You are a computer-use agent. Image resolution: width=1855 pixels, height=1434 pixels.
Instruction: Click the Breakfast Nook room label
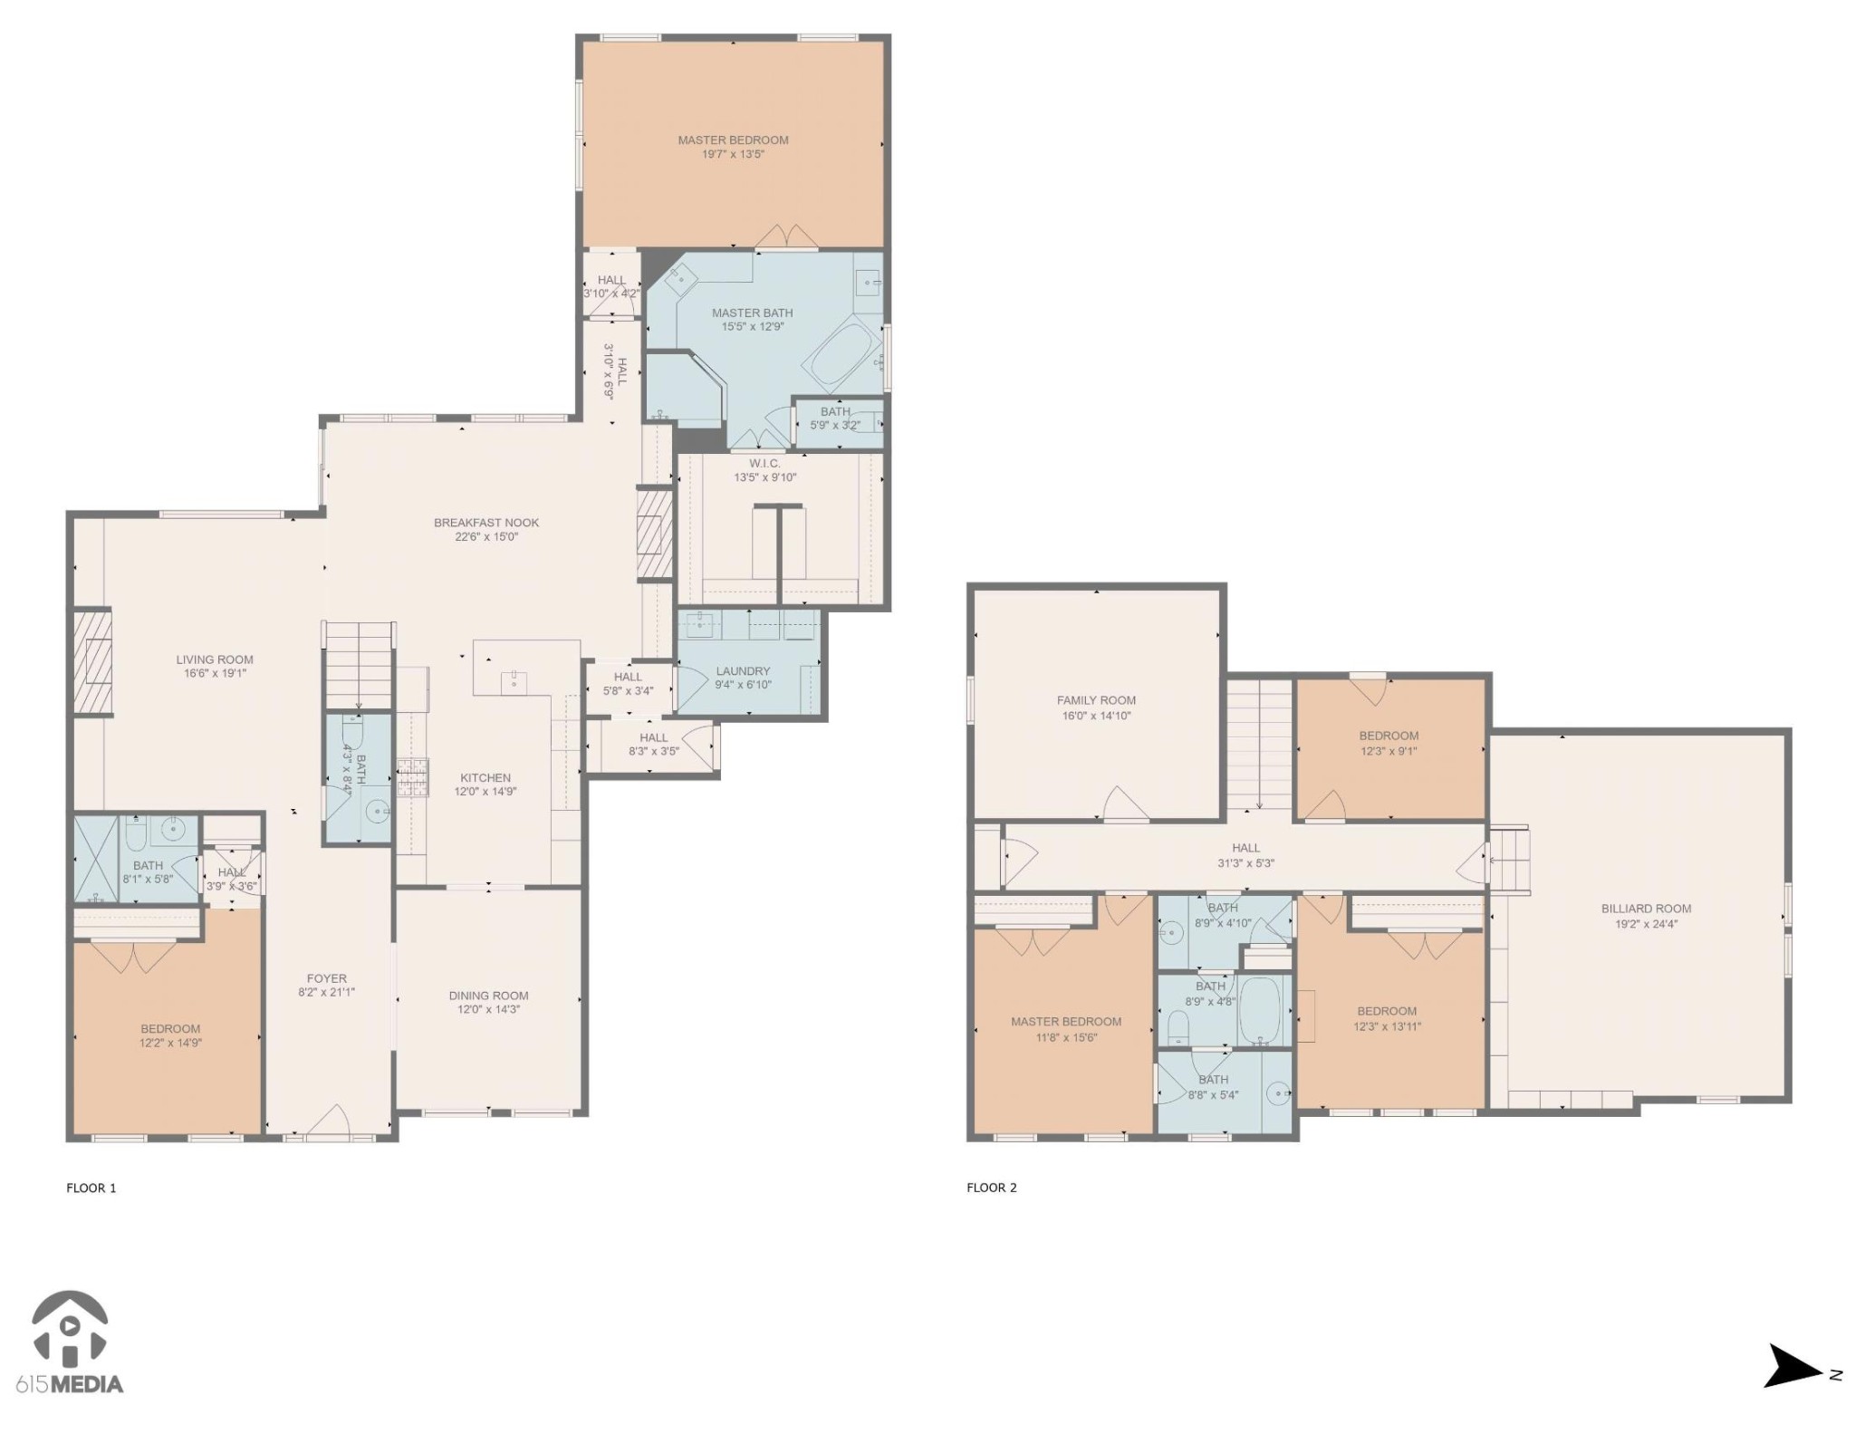486,523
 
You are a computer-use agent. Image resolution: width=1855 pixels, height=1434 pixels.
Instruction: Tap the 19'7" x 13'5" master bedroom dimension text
733,155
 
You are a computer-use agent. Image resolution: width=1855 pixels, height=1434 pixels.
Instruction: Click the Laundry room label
743,671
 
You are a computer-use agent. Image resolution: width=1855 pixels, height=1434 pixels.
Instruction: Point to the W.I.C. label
764,464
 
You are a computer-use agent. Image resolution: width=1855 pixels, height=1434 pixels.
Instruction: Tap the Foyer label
326,978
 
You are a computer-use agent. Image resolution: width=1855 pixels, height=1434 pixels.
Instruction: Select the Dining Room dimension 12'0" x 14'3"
488,1010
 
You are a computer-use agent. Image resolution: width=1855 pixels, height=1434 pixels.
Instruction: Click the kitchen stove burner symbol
413,776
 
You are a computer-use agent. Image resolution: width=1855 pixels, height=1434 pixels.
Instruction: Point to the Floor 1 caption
91,1188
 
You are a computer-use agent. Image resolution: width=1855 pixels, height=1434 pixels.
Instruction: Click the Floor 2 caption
992,1188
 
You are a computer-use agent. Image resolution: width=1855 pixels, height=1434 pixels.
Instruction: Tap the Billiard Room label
1646,909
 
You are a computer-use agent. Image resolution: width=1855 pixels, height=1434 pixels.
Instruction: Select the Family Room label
1096,700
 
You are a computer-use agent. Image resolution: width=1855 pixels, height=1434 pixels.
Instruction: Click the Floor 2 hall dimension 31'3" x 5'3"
1245,863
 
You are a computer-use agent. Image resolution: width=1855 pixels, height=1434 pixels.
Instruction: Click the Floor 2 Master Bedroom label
1066,1022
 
